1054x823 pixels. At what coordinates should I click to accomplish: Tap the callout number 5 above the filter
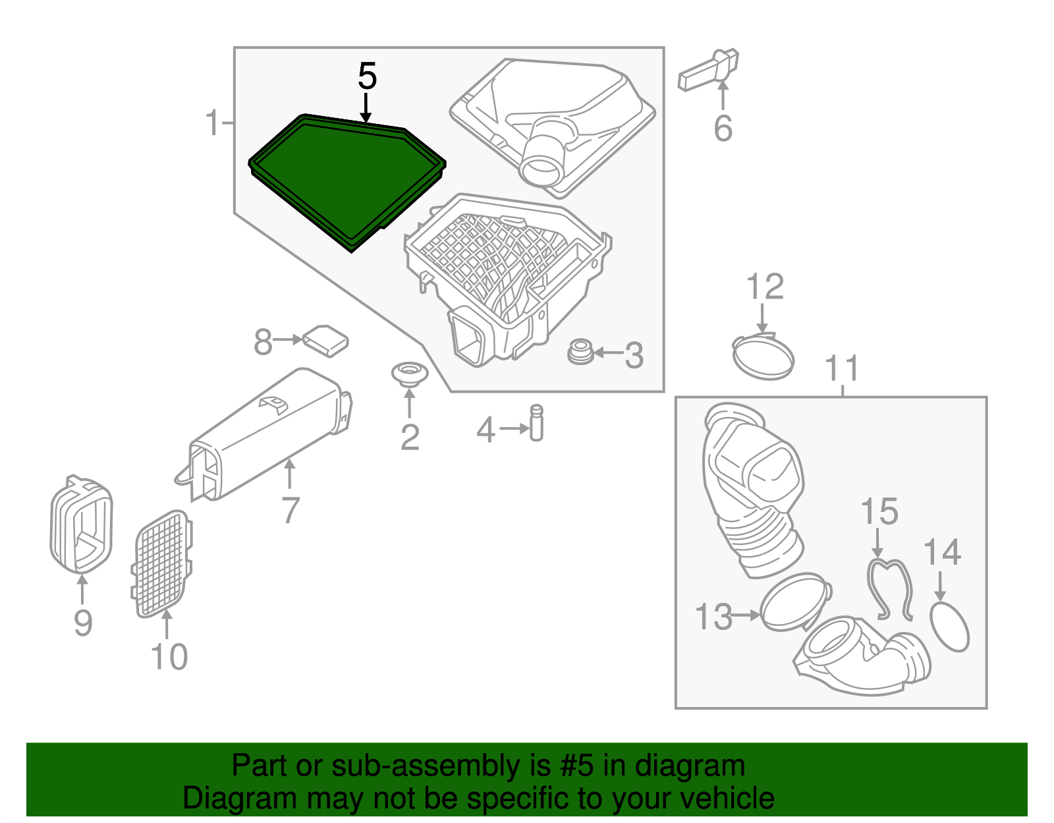pyautogui.click(x=367, y=76)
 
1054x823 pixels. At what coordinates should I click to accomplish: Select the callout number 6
pyautogui.click(x=723, y=128)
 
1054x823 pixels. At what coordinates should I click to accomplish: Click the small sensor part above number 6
pyautogui.click(x=709, y=69)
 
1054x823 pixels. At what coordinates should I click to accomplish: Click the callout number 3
pyautogui.click(x=634, y=355)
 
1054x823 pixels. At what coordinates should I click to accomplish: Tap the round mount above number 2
pyautogui.click(x=410, y=375)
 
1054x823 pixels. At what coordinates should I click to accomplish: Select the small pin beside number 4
pyautogui.click(x=536, y=423)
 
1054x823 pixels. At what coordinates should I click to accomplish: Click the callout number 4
pyautogui.click(x=486, y=430)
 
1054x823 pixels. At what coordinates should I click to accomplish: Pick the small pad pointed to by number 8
pyautogui.click(x=325, y=341)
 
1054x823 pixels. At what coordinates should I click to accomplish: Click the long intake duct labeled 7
pyautogui.click(x=264, y=435)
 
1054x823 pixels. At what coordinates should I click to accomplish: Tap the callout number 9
pyautogui.click(x=83, y=623)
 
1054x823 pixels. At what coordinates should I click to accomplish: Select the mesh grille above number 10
pyautogui.click(x=161, y=564)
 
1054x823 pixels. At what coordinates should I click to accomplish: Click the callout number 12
pyautogui.click(x=765, y=287)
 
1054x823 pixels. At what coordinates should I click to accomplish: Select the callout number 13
pyautogui.click(x=713, y=616)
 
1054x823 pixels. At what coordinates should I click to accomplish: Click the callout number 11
pyautogui.click(x=842, y=368)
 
